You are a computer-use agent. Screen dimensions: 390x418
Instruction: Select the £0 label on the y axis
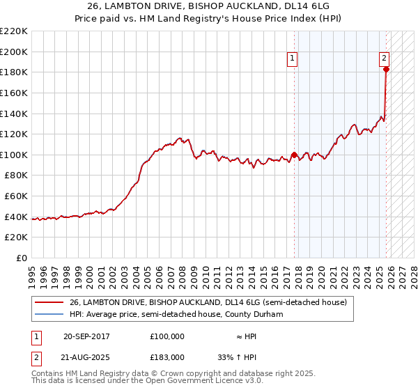(x=22, y=258)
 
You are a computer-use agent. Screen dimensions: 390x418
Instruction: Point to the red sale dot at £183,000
(x=386, y=69)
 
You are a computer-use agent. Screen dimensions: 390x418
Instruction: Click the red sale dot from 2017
(x=294, y=155)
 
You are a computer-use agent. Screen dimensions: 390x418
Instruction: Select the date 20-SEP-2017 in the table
(x=86, y=336)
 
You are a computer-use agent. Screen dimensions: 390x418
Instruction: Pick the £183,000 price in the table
(x=167, y=357)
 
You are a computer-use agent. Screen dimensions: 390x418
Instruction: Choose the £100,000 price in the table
(x=167, y=336)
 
